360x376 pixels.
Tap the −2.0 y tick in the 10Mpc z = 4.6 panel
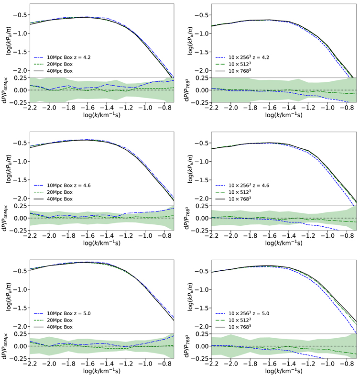20,198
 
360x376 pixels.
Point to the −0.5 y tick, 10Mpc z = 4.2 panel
20,15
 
